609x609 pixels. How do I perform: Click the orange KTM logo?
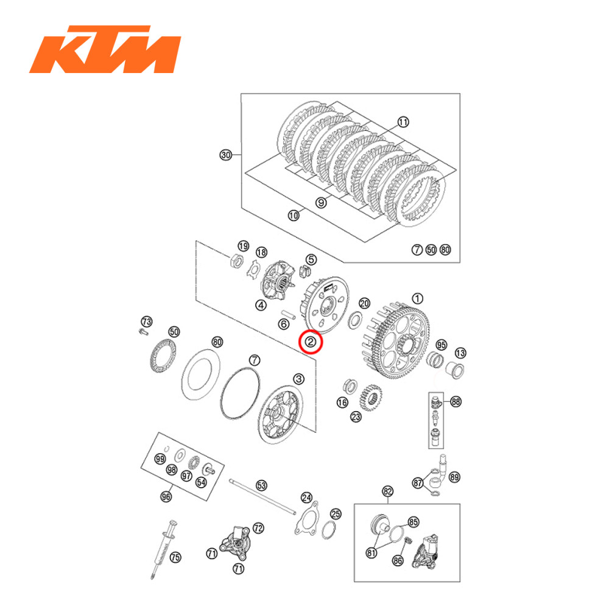(x=105, y=49)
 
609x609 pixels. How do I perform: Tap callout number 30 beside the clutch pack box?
(x=226, y=155)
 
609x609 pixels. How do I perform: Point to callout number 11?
(x=403, y=122)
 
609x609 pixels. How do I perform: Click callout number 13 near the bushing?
(x=460, y=353)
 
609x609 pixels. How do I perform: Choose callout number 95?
(x=441, y=345)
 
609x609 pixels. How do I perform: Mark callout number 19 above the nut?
(x=243, y=246)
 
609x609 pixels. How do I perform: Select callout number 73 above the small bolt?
(x=146, y=321)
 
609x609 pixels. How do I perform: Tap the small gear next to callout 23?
(x=370, y=398)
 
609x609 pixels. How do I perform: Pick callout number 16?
(x=342, y=403)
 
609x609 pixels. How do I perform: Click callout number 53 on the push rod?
(x=261, y=485)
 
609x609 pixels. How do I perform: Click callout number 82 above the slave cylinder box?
(x=388, y=491)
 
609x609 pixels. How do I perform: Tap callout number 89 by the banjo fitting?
(x=454, y=477)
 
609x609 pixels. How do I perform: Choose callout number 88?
(x=456, y=401)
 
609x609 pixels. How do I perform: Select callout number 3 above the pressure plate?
(x=298, y=379)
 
